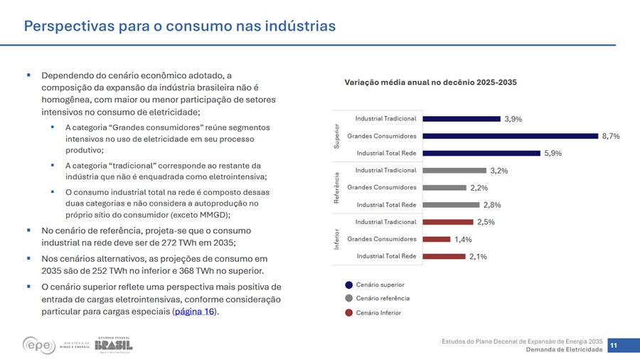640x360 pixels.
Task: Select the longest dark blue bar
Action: (x=509, y=136)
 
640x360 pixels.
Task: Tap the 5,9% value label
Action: (x=553, y=154)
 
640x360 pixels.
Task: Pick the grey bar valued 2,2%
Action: (x=443, y=188)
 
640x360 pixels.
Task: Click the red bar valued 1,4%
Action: (x=436, y=239)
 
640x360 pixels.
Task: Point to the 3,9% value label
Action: (x=513, y=120)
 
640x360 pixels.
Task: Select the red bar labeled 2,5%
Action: (x=447, y=222)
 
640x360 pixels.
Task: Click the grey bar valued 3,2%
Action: (x=452, y=171)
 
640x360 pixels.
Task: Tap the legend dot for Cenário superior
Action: (x=348, y=285)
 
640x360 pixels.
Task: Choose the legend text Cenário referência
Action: (x=383, y=299)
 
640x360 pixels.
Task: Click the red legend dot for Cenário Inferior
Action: (x=348, y=312)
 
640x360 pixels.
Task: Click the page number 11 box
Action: (x=613, y=345)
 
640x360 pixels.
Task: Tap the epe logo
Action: (x=39, y=345)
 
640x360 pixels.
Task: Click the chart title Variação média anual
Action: (x=430, y=83)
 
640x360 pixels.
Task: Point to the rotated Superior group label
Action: (x=337, y=136)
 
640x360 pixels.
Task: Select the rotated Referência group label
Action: (x=337, y=188)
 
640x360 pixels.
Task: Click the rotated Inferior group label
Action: (x=337, y=239)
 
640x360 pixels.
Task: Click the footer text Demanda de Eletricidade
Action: (x=564, y=349)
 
